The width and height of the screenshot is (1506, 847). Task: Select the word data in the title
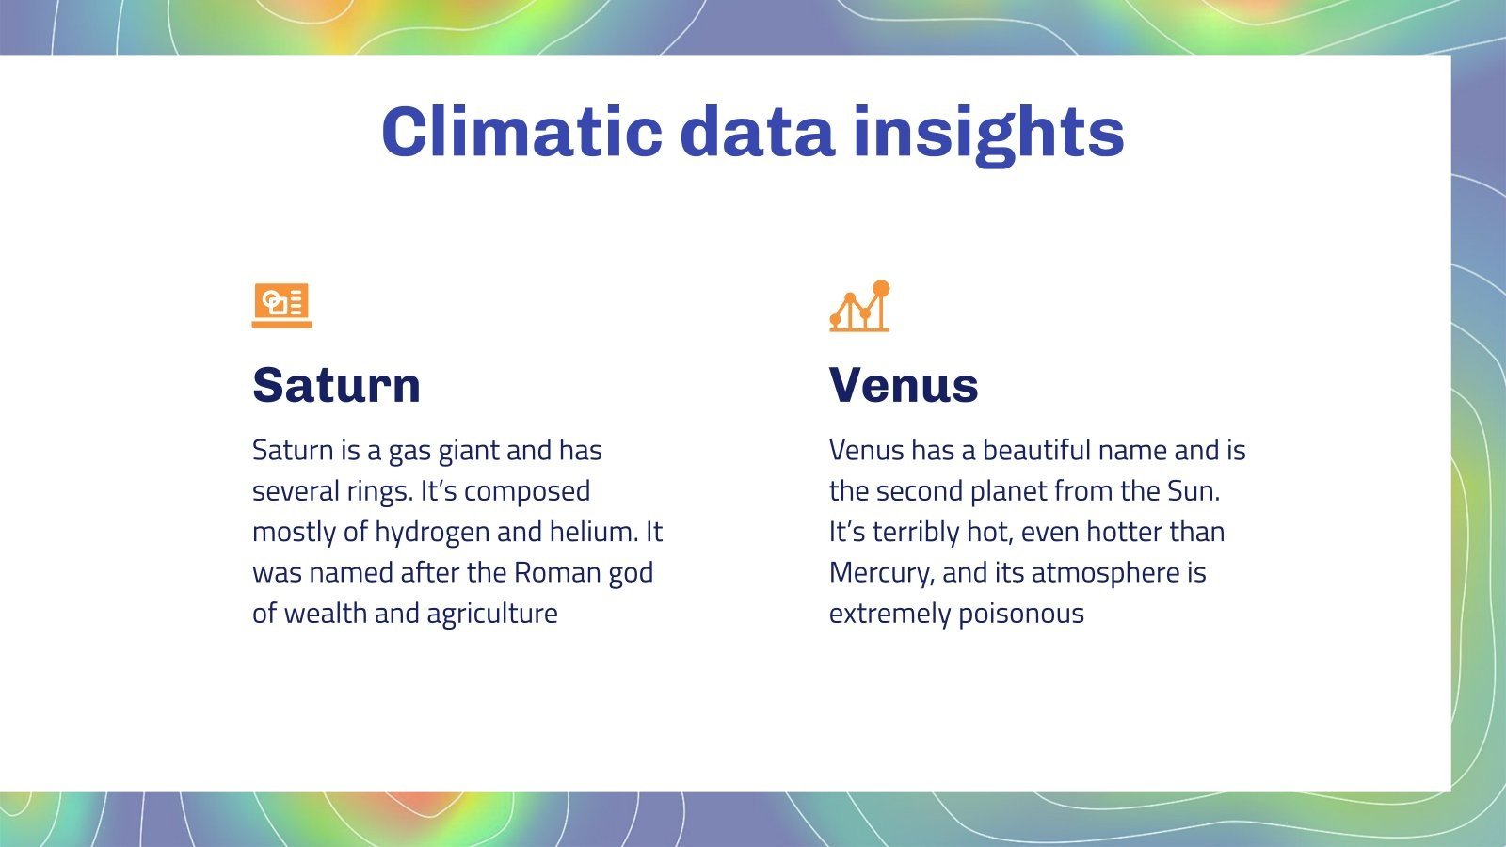point(757,131)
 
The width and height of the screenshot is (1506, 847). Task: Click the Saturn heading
point(336,385)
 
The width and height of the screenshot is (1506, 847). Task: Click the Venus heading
point(904,385)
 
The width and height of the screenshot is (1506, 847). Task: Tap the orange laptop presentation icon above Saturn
point(281,305)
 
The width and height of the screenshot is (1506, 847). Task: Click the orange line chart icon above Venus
point(858,307)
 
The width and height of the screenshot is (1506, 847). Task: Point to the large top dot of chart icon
point(881,288)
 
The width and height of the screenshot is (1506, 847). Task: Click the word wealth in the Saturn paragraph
point(326,614)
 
